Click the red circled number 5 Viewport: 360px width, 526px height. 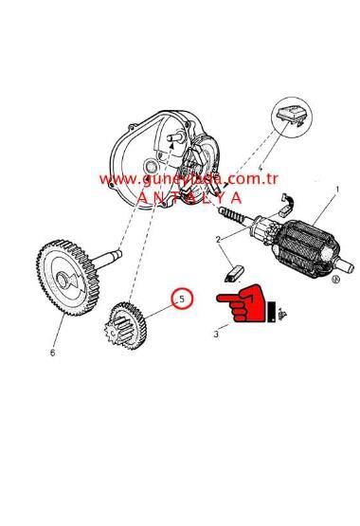[x=181, y=299]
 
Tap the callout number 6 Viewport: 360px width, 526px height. [x=52, y=353]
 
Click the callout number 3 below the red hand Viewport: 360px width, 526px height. [x=215, y=334]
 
